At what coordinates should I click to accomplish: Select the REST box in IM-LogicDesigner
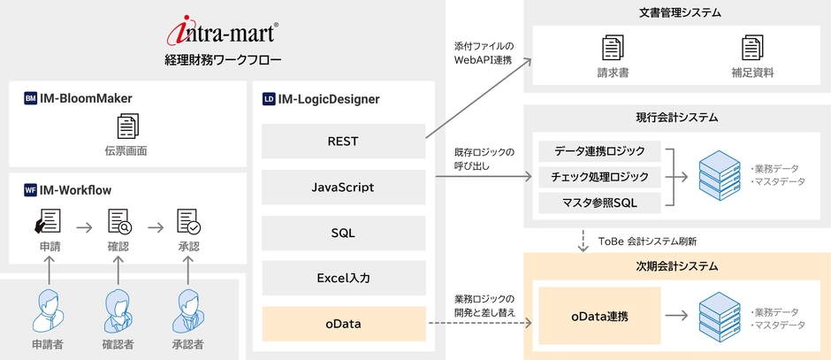coord(343,140)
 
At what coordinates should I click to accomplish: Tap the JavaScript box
coord(343,188)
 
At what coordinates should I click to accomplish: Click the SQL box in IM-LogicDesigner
coord(343,233)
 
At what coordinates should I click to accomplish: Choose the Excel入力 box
coord(343,278)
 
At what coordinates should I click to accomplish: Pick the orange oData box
coord(343,324)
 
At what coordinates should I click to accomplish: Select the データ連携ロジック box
coord(599,151)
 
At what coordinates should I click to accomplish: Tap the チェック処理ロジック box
coord(599,177)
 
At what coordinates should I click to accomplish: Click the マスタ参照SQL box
coord(599,203)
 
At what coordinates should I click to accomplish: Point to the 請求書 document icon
coord(611,48)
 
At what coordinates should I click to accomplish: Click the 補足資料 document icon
coord(752,48)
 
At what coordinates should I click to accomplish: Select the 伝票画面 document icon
coord(126,126)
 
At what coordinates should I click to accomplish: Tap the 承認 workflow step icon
coord(188,222)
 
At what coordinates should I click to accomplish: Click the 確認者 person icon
coord(118,310)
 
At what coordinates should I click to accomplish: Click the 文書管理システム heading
coord(678,13)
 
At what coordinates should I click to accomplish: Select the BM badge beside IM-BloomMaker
coord(31,100)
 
